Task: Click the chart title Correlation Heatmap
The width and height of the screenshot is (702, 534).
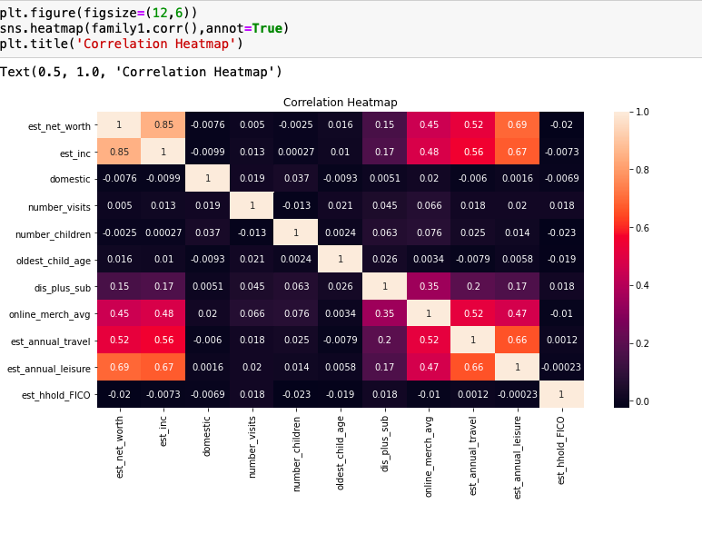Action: point(340,103)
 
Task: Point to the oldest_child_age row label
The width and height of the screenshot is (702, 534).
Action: point(54,261)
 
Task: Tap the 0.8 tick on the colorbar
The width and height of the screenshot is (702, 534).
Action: point(641,170)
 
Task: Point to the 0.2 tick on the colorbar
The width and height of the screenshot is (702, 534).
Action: point(641,343)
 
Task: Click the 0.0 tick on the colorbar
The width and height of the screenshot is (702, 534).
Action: point(641,400)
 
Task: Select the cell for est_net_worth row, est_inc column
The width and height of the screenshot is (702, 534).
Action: point(163,125)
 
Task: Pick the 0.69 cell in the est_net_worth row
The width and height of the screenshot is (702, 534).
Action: point(518,125)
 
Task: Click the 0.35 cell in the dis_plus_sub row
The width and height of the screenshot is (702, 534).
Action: point(429,287)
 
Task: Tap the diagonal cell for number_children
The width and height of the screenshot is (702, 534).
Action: point(296,233)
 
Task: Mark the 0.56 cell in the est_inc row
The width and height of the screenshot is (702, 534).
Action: point(473,153)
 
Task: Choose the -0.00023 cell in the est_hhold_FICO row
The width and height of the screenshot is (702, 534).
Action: point(518,395)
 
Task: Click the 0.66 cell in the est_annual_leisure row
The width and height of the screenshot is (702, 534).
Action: point(473,368)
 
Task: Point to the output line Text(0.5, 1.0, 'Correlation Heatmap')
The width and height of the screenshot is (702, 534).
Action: point(142,72)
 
